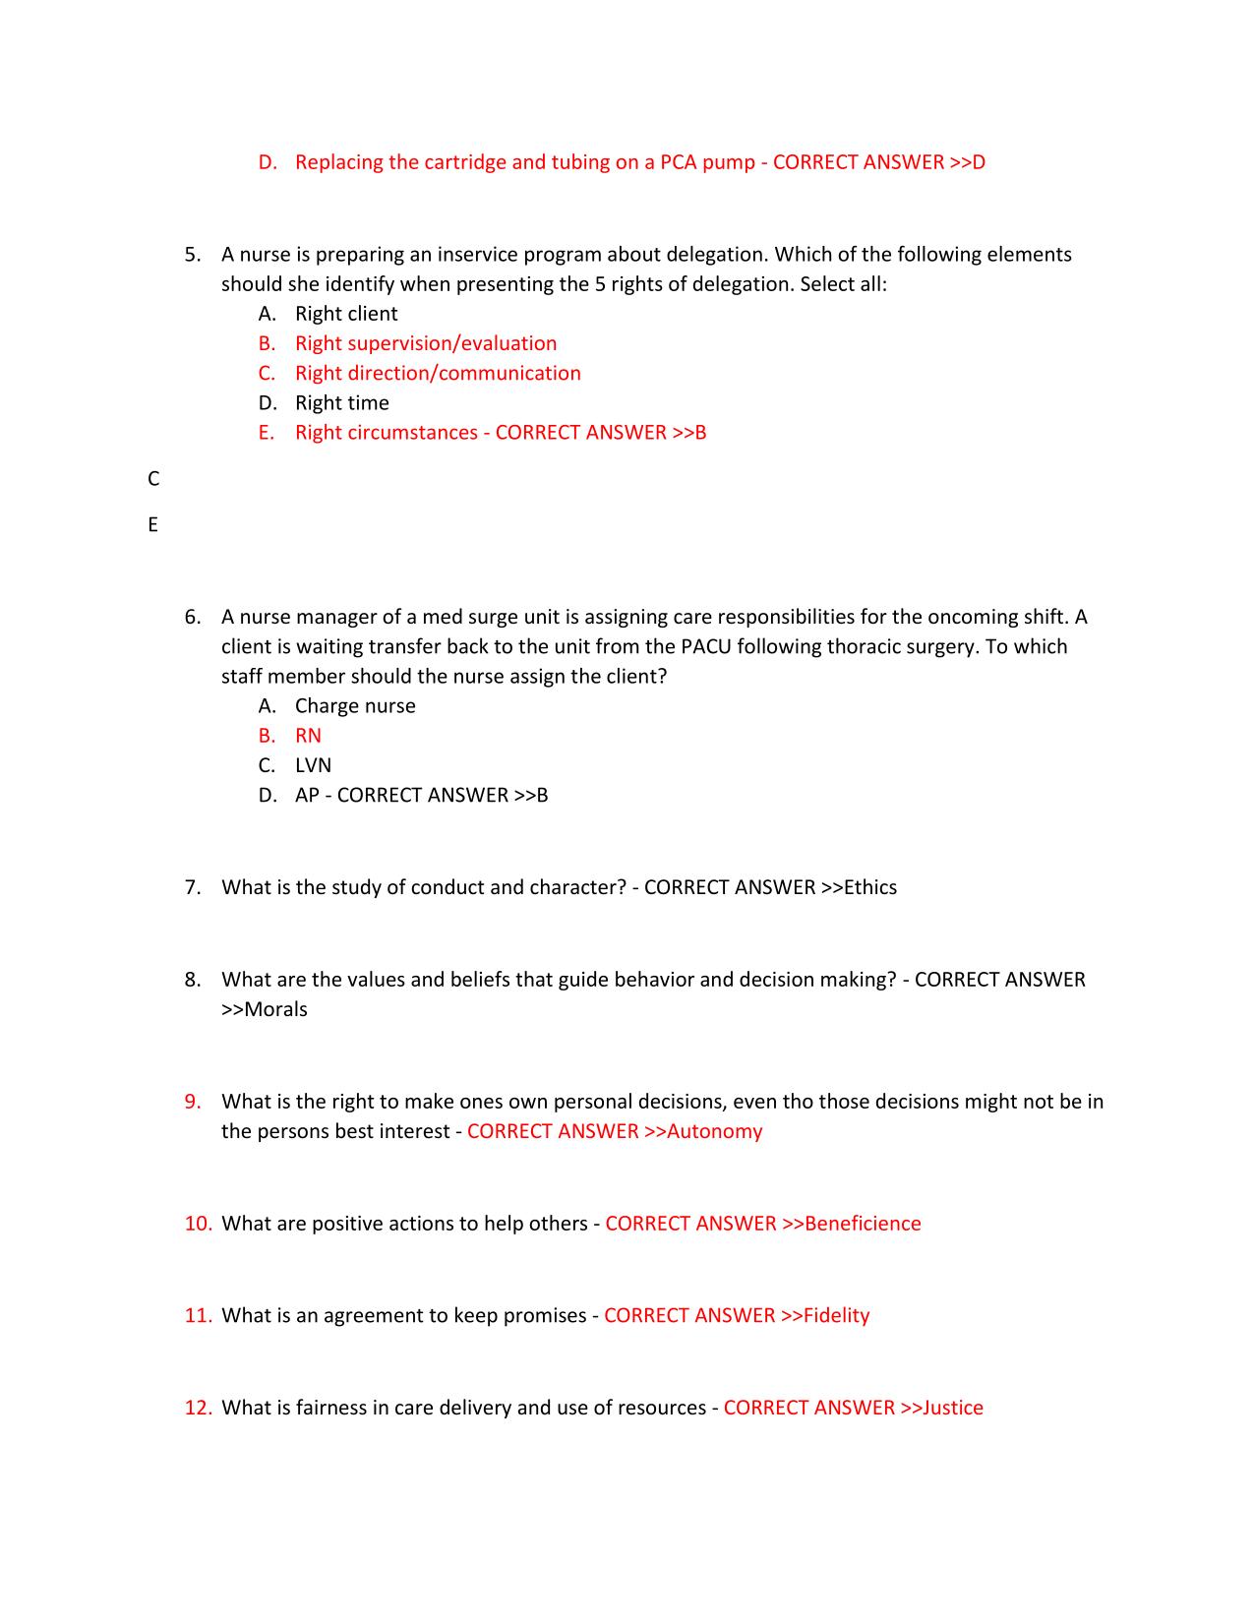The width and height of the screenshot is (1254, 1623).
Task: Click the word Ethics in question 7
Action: pyautogui.click(x=869, y=887)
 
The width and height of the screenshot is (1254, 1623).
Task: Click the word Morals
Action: pyautogui.click(x=275, y=1009)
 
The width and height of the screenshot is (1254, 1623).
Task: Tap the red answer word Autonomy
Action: pyautogui.click(x=714, y=1131)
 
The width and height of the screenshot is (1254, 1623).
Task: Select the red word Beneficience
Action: pyautogui.click(x=863, y=1224)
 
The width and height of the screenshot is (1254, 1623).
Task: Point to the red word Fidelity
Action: pyautogui.click(x=836, y=1315)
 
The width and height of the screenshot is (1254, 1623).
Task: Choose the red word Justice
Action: pyautogui.click(x=952, y=1408)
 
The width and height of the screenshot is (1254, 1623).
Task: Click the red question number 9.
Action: pyautogui.click(x=193, y=1102)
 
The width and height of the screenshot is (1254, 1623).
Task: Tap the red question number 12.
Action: pyautogui.click(x=198, y=1408)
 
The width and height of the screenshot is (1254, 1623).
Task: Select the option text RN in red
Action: pyautogui.click(x=308, y=736)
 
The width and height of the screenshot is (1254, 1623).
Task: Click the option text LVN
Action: pyautogui.click(x=313, y=765)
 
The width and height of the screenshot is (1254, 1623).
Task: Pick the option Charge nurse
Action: pyautogui.click(x=355, y=706)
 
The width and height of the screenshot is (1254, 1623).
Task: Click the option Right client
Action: pyautogui.click(x=346, y=314)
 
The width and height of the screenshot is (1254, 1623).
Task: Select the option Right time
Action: pyautogui.click(x=341, y=403)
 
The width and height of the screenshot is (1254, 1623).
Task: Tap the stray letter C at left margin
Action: pyautogui.click(x=153, y=479)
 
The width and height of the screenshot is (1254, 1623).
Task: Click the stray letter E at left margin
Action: pyautogui.click(x=152, y=525)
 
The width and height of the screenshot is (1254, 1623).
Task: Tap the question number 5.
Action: pyautogui.click(x=192, y=255)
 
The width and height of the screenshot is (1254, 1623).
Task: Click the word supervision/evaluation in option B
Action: pyautogui.click(x=452, y=343)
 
